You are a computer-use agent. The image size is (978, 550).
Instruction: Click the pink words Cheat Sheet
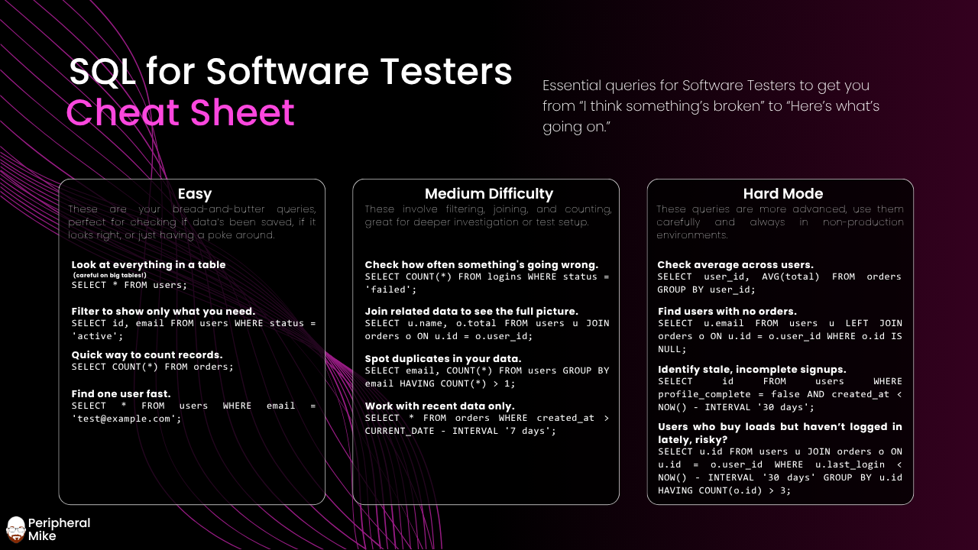point(180,112)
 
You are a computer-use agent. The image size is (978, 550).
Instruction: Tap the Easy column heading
point(194,194)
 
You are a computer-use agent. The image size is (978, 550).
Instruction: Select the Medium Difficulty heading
point(488,193)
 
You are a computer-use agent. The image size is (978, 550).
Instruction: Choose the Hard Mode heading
point(783,193)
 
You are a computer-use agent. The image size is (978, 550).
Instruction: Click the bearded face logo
point(16,529)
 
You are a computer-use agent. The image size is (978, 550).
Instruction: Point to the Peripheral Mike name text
point(59,529)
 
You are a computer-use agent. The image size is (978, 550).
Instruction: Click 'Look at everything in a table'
point(148,264)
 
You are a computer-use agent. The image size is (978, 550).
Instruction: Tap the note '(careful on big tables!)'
point(109,275)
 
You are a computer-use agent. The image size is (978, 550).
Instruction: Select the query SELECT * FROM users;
point(129,285)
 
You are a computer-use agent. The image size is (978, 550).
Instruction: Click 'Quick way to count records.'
point(147,355)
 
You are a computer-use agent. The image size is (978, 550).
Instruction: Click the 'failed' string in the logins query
point(390,290)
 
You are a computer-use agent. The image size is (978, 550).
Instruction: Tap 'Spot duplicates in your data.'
point(442,358)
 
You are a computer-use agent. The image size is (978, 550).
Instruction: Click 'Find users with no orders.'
point(727,311)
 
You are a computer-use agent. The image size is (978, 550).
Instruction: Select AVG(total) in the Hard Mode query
point(790,277)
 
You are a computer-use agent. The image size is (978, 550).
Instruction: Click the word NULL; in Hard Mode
point(672,349)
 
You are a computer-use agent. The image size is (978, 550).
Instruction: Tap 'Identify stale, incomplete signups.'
point(752,369)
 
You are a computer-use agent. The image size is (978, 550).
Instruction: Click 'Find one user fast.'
point(121,393)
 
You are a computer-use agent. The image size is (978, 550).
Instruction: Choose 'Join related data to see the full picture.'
point(471,311)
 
